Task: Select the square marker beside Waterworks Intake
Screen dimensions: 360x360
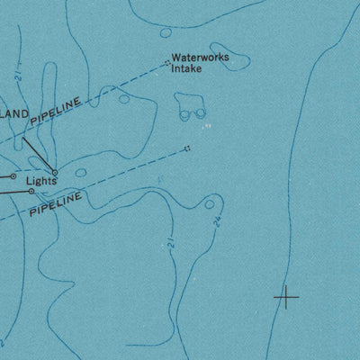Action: [x=167, y=62]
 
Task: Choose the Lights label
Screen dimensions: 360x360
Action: [x=40, y=180]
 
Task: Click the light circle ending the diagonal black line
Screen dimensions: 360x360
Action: [x=55, y=173]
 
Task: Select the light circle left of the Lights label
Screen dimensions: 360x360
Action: [x=13, y=176]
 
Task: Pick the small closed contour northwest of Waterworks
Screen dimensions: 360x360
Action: [x=165, y=33]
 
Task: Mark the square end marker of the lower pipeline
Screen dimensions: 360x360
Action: [x=187, y=148]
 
